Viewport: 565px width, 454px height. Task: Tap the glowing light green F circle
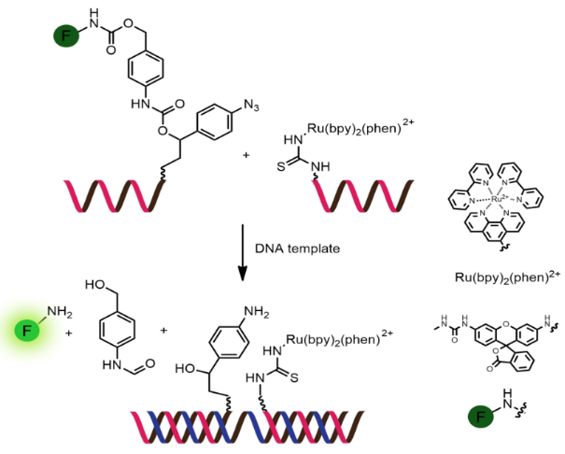(x=28, y=331)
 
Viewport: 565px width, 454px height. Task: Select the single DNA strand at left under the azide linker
(x=108, y=194)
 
